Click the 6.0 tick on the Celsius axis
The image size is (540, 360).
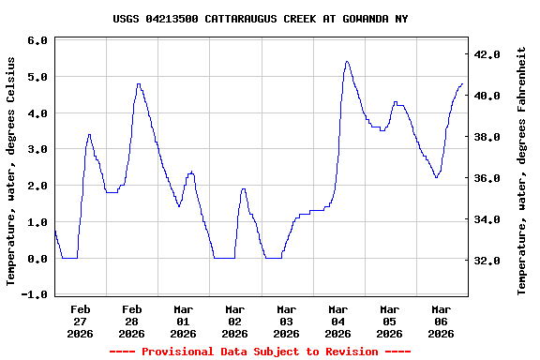(x=37, y=41)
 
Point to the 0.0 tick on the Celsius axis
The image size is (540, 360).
(x=37, y=259)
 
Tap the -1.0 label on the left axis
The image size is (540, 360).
(x=35, y=294)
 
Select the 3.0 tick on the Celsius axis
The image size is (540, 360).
(x=37, y=150)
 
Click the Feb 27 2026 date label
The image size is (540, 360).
(x=81, y=321)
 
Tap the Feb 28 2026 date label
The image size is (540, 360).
(x=132, y=321)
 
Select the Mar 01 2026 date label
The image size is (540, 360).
(x=184, y=321)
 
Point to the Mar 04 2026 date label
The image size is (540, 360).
(x=338, y=321)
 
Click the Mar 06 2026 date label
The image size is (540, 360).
(x=442, y=321)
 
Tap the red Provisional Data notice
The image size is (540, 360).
(x=260, y=352)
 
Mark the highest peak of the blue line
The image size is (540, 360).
(x=347, y=62)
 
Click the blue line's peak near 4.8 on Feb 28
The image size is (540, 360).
(x=139, y=84)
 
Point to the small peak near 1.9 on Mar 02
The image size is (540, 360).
(x=244, y=189)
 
